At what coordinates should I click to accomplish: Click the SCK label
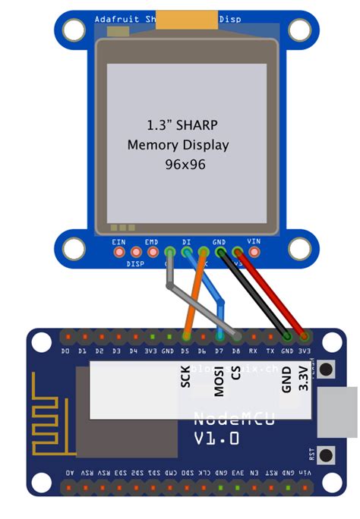(185, 376)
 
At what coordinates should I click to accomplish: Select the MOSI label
(219, 380)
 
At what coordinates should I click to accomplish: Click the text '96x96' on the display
(185, 164)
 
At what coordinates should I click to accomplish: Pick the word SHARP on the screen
(204, 124)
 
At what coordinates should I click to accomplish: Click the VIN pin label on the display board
(254, 241)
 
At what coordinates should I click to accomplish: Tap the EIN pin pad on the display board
(119, 253)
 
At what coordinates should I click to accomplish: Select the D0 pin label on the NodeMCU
(66, 352)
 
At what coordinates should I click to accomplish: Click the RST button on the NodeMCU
(327, 456)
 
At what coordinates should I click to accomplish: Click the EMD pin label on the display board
(152, 241)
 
